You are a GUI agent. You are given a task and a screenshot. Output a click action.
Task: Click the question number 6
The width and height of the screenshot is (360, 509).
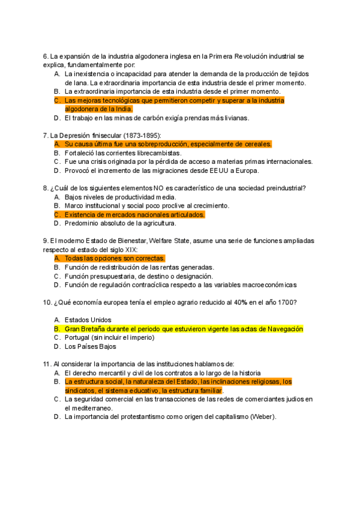click(x=46, y=56)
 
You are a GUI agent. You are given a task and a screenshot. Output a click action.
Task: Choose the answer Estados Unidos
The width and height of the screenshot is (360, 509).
click(x=88, y=320)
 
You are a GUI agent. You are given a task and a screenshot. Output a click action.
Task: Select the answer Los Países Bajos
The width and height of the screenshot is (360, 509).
click(x=91, y=346)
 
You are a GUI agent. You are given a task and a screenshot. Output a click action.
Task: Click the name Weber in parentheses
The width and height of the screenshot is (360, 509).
click(x=263, y=417)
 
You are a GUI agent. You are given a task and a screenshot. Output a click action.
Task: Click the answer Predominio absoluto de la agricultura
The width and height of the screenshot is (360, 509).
click(x=120, y=223)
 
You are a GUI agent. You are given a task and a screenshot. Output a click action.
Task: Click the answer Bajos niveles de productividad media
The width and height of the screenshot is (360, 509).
click(x=120, y=197)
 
